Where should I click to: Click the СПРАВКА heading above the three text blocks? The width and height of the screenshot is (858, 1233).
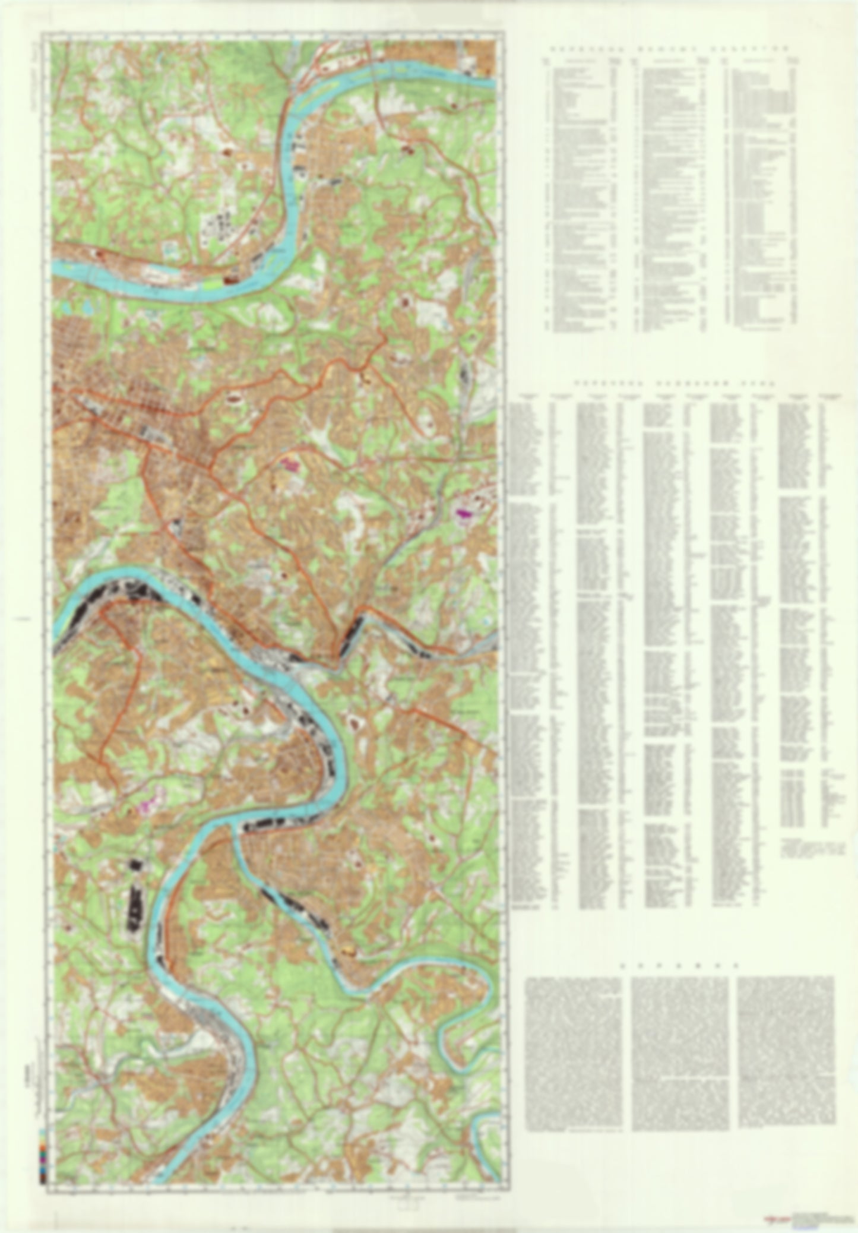pyautogui.click(x=679, y=965)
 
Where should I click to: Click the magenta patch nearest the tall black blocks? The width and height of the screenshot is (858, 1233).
pyautogui.click(x=144, y=807)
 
